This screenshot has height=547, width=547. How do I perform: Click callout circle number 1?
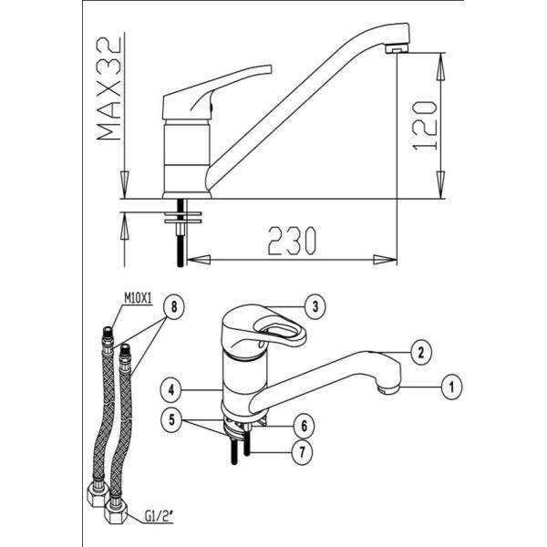(451, 387)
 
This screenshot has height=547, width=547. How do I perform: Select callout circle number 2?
(420, 353)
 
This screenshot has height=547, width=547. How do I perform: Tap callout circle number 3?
(315, 307)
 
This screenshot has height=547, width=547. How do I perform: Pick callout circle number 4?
(171, 389)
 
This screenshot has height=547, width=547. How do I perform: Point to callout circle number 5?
(171, 419)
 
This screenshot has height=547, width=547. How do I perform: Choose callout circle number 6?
(304, 426)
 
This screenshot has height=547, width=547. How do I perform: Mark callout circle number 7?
(302, 452)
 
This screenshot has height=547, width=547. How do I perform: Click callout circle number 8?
(174, 307)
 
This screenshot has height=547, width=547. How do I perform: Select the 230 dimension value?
(292, 241)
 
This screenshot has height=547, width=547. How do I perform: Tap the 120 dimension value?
(425, 126)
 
